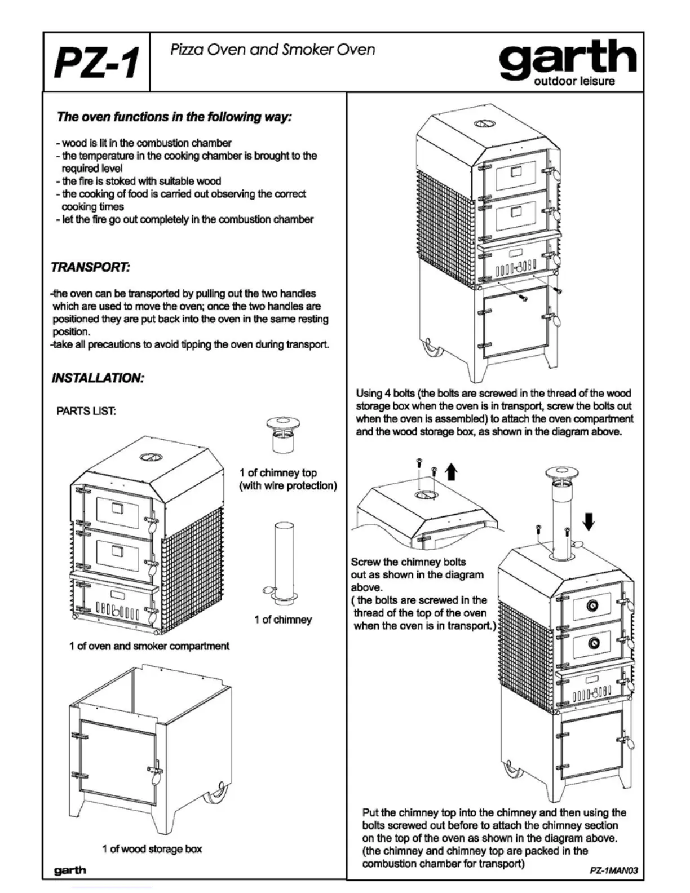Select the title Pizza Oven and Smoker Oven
click(x=272, y=50)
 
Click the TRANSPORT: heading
click(x=91, y=267)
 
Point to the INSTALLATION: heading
click(x=98, y=378)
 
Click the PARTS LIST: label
click(x=86, y=411)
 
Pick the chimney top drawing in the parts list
click(x=283, y=435)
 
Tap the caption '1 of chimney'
click(x=283, y=620)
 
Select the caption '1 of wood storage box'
click(x=152, y=848)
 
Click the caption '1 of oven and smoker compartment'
click(x=149, y=646)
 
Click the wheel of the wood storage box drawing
click(x=215, y=796)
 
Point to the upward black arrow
click(x=451, y=471)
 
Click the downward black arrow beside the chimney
click(x=589, y=521)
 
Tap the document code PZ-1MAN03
click(x=613, y=870)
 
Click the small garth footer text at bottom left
click(x=70, y=870)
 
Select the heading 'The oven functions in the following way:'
click(x=174, y=117)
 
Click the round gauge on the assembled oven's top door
click(x=593, y=605)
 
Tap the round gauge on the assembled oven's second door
click(x=594, y=643)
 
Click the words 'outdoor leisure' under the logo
click(x=574, y=81)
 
